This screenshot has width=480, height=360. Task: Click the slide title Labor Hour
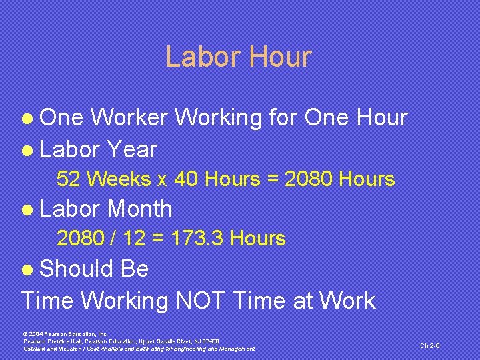pos(238,57)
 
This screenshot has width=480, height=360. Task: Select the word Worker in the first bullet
pos(129,118)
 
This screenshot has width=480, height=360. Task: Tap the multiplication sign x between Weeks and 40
pos(162,180)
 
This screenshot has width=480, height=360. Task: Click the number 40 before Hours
pos(187,179)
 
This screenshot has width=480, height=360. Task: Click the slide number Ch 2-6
pos(429,345)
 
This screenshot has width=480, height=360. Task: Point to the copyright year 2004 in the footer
pos(36,333)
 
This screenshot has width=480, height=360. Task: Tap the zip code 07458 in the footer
pos(208,341)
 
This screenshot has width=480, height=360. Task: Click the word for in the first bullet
pos(282,118)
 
